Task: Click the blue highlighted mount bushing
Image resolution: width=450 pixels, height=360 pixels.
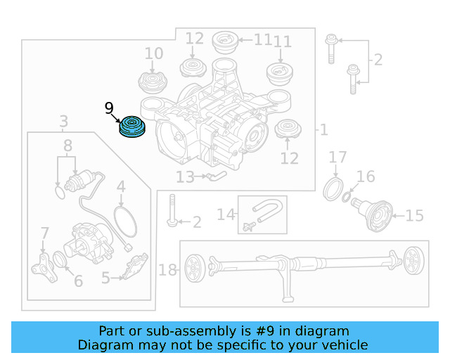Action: (131, 128)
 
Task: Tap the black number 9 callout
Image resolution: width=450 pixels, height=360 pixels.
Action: (109, 108)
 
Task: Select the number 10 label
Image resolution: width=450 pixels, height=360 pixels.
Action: (153, 53)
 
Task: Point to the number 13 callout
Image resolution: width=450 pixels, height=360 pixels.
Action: (185, 177)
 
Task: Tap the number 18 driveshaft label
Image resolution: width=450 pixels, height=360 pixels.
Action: (168, 270)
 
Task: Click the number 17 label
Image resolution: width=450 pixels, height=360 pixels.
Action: (337, 157)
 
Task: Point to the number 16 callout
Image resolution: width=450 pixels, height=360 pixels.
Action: (366, 176)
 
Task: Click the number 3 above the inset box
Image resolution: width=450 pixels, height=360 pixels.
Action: (63, 121)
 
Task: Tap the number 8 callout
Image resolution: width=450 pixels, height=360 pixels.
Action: (67, 146)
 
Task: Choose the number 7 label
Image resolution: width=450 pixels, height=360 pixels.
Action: (44, 233)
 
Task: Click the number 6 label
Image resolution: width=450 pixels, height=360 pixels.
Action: (78, 281)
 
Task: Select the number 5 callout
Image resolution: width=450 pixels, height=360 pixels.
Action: (105, 278)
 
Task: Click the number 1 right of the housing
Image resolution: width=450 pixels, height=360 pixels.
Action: (323, 130)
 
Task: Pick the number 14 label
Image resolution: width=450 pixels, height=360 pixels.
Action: (225, 214)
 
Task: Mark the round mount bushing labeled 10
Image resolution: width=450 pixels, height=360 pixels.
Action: (153, 82)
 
